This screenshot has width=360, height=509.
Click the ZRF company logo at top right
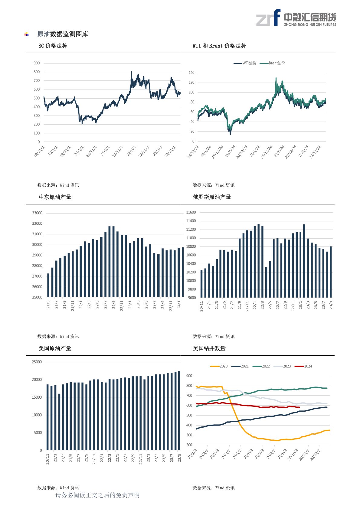coord(296,18)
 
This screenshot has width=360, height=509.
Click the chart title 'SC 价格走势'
coord(53,46)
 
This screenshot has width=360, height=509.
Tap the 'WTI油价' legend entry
coord(245,63)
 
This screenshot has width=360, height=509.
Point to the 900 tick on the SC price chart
coord(37,63)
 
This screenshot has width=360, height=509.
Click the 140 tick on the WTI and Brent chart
coord(191,73)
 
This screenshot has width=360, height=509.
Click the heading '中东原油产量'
coord(55,197)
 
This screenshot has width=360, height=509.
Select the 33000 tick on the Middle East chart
coord(37,213)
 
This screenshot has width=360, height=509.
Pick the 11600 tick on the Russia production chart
coord(191,212)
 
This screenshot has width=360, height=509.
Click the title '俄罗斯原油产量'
coord(212,197)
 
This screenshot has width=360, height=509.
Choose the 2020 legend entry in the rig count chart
coord(219,366)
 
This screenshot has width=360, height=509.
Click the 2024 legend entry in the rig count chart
coord(303,366)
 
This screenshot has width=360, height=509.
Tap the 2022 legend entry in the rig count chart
coord(261,366)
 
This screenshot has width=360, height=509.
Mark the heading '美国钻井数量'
coord(209,348)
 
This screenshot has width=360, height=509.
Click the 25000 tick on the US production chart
coord(37,362)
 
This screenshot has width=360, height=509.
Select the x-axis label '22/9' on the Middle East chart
coord(113,304)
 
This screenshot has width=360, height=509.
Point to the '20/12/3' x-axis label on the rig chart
coord(316,455)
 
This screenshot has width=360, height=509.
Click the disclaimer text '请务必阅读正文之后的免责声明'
coord(97,495)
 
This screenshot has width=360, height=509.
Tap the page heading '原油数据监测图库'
coord(63,34)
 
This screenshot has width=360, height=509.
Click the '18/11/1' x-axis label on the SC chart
coord(39,152)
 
